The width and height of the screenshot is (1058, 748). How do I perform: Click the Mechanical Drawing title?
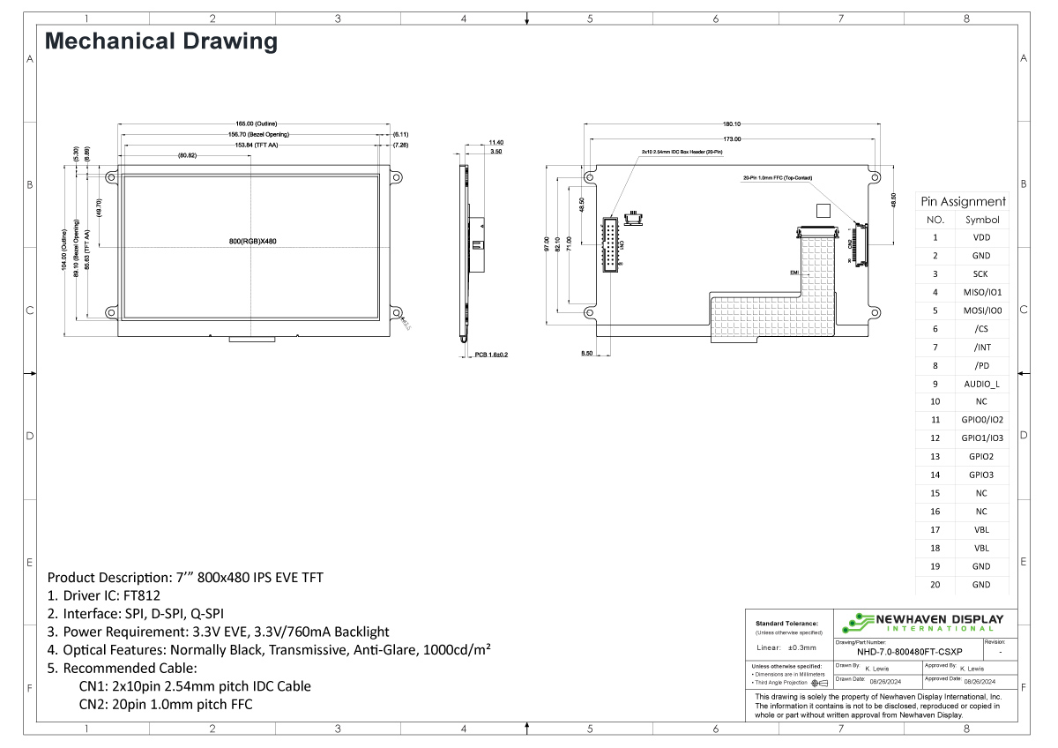point(160,41)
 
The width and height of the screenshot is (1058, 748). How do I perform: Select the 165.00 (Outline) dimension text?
point(253,124)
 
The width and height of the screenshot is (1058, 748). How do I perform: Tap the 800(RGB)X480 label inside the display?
point(253,242)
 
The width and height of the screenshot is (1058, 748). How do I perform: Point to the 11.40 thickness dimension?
point(495,142)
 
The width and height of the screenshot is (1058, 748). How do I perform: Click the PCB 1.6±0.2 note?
point(491,355)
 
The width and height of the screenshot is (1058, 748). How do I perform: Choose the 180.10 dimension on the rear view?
point(732,124)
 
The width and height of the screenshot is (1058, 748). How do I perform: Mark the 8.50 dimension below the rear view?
point(586,354)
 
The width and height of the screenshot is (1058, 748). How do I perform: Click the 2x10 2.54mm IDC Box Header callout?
point(678,153)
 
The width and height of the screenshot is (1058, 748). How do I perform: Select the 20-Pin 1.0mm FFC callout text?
point(777,179)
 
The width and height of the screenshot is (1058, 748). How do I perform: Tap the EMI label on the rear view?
point(793,273)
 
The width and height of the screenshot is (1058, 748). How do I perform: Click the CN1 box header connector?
point(610,243)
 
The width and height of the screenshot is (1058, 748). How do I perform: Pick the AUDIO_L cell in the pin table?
point(982,384)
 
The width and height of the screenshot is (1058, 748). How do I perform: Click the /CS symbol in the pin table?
point(982,329)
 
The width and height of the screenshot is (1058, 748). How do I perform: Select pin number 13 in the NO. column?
point(935,457)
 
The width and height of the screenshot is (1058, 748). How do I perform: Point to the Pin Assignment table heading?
point(963,201)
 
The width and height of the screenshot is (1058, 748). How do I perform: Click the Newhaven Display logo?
point(926,622)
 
